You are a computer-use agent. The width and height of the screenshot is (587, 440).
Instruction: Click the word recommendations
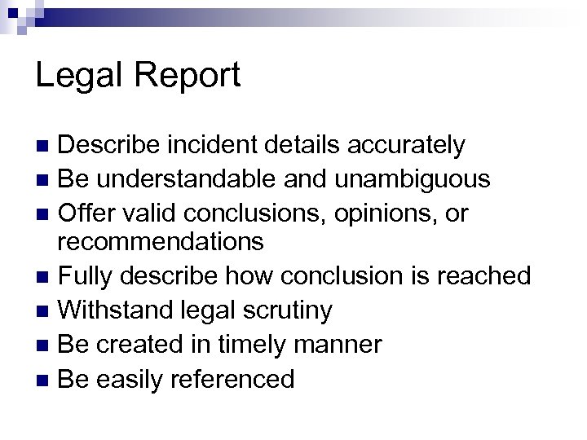pyautogui.click(x=161, y=242)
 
